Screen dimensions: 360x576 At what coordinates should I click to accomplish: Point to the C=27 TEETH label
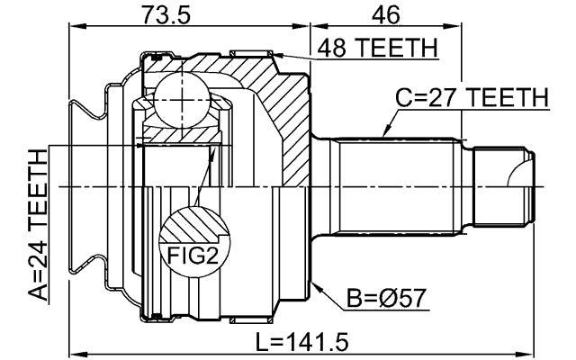(473, 97)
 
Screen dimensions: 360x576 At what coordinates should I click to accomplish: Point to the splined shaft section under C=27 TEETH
(396, 186)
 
